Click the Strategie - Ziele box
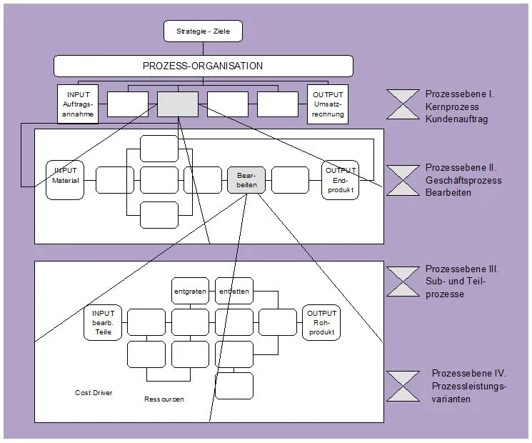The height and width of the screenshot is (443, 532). pyautogui.click(x=204, y=31)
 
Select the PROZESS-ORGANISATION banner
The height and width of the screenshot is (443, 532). pyautogui.click(x=204, y=66)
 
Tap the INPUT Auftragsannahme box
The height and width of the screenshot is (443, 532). pyautogui.click(x=78, y=104)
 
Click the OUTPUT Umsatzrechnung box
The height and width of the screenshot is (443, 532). pyautogui.click(x=328, y=104)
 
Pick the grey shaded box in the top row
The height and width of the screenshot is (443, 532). pyautogui.click(x=178, y=104)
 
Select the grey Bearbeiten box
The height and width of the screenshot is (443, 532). pyautogui.click(x=246, y=180)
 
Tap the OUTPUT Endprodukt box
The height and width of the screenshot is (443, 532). pyautogui.click(x=340, y=180)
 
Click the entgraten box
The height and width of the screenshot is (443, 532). pyautogui.click(x=190, y=291)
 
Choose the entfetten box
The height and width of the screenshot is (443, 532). pyautogui.click(x=234, y=291)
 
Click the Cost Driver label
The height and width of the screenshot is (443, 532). pyautogui.click(x=94, y=393)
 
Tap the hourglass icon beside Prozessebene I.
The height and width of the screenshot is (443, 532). pyautogui.click(x=403, y=104)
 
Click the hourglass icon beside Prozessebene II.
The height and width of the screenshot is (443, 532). pyautogui.click(x=403, y=179)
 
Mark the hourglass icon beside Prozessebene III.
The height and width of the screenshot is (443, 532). pyautogui.click(x=403, y=282)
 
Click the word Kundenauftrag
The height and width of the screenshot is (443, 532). pyautogui.click(x=457, y=119)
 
